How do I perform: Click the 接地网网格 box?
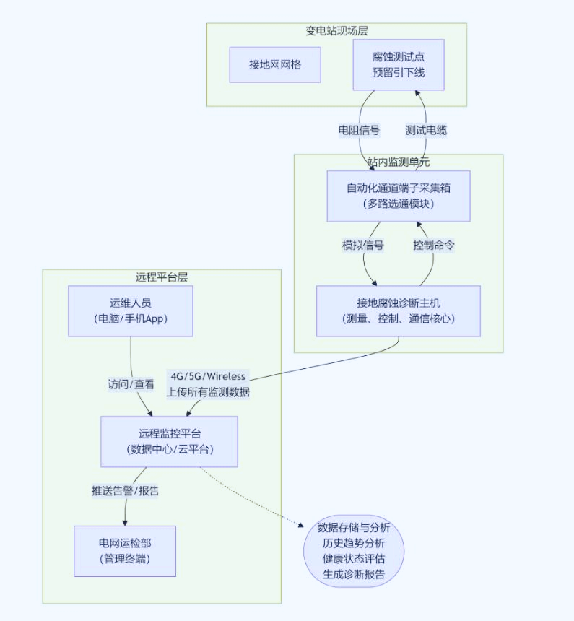click(x=275, y=65)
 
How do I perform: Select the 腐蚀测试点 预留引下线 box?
click(x=399, y=65)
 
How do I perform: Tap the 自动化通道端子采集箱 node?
click(x=399, y=196)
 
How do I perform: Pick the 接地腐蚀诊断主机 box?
click(x=399, y=310)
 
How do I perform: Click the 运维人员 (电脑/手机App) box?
click(x=131, y=310)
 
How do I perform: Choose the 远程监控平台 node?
click(x=169, y=441)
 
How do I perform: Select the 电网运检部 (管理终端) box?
click(x=125, y=551)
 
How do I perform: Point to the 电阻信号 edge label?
click(x=360, y=131)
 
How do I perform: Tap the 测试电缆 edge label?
click(x=426, y=131)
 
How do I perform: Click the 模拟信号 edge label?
click(x=362, y=245)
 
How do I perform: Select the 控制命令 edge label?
click(x=434, y=245)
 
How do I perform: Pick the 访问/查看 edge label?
click(x=131, y=385)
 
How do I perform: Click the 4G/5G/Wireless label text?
click(x=208, y=376)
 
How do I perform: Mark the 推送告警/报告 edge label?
click(x=125, y=491)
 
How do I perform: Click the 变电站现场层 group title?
click(x=336, y=30)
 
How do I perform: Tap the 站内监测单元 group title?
click(x=399, y=162)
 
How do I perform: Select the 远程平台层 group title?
click(x=162, y=277)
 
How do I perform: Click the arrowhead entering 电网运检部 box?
click(x=125, y=522)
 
